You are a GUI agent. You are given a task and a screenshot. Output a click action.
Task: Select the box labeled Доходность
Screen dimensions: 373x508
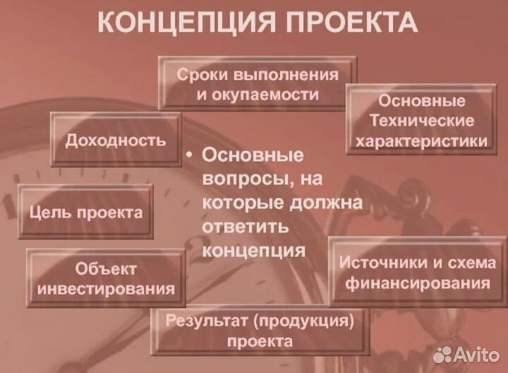click(x=116, y=140)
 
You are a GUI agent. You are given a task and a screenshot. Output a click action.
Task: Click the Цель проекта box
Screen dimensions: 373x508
click(x=85, y=212)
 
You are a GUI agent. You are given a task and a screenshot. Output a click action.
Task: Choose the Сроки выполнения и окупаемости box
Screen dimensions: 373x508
click(x=258, y=84)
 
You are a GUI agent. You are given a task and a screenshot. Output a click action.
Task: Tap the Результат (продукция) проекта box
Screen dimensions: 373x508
click(x=260, y=331)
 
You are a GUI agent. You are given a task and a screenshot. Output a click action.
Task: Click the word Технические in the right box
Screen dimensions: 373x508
click(x=422, y=120)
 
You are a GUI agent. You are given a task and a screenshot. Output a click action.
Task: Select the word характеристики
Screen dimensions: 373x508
click(x=422, y=141)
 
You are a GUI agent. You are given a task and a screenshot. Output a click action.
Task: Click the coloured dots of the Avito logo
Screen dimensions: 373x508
click(x=443, y=353)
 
